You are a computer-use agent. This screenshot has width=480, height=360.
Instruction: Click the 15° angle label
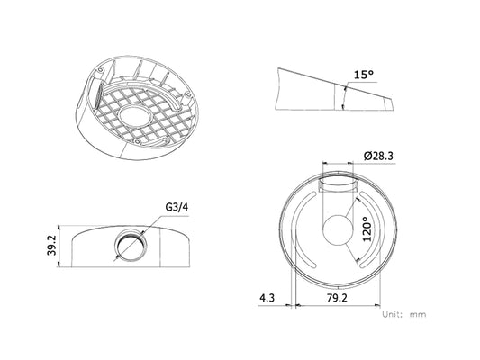coord(364,75)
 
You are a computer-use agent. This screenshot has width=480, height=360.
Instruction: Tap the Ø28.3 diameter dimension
coord(378,156)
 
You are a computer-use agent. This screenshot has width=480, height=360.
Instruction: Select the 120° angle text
coord(367,229)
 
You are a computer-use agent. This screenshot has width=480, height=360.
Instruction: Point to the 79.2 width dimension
coord(337,298)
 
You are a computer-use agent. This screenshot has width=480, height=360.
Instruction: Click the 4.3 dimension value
coord(267,298)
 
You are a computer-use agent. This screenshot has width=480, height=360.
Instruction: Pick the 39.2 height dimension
coord(52,246)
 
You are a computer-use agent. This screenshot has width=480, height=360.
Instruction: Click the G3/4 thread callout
coord(177,207)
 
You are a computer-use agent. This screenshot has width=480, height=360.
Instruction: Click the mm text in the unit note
coord(418,314)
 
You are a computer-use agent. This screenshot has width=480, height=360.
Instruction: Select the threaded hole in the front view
coord(130,244)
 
